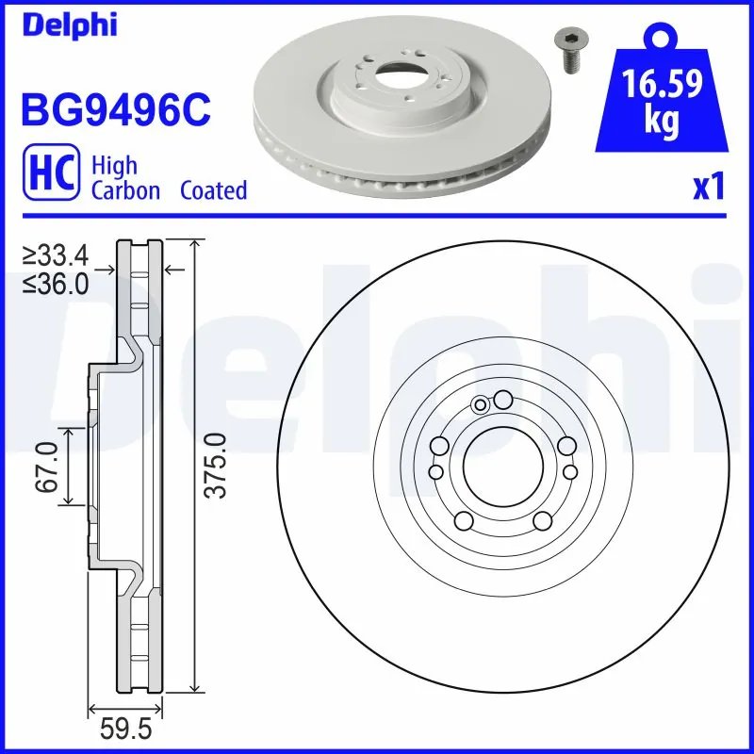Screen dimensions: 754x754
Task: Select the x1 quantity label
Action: [707, 188]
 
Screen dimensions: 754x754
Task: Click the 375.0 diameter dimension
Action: [219, 465]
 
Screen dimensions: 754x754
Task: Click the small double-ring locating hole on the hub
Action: [481, 405]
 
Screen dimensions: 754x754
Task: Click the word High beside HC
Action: [114, 166]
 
